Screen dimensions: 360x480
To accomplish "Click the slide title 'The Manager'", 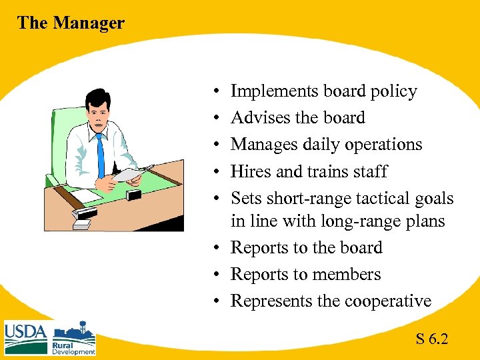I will point(71,23).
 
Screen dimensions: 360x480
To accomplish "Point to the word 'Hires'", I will point(251,171).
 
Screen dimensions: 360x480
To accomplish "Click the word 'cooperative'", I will point(388,301).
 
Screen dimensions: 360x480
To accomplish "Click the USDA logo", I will point(25,337).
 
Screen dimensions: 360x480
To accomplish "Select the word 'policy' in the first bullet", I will point(396,91).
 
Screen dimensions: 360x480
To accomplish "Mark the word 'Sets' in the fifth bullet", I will point(245,198).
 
